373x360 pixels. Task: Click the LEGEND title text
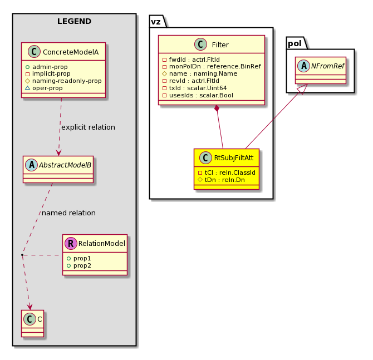click(x=74, y=21)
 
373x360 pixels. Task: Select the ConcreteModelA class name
click(x=71, y=52)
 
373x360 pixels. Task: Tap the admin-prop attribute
click(x=50, y=67)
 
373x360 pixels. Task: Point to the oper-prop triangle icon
click(x=28, y=88)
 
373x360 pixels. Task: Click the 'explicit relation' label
click(x=88, y=127)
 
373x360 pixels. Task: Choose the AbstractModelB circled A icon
click(x=32, y=165)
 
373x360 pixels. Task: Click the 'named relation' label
click(x=68, y=213)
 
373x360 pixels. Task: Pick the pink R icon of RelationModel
click(x=71, y=243)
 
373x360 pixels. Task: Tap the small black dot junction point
click(x=22, y=255)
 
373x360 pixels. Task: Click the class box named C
click(x=33, y=323)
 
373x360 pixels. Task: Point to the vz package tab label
click(x=156, y=22)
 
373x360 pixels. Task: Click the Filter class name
click(x=220, y=45)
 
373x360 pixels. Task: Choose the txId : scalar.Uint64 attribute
click(x=198, y=88)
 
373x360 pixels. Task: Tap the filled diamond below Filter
click(x=217, y=109)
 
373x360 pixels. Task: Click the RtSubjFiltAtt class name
click(x=234, y=157)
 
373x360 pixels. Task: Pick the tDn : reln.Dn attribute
click(x=224, y=180)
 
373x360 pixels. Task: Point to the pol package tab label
click(x=295, y=43)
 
